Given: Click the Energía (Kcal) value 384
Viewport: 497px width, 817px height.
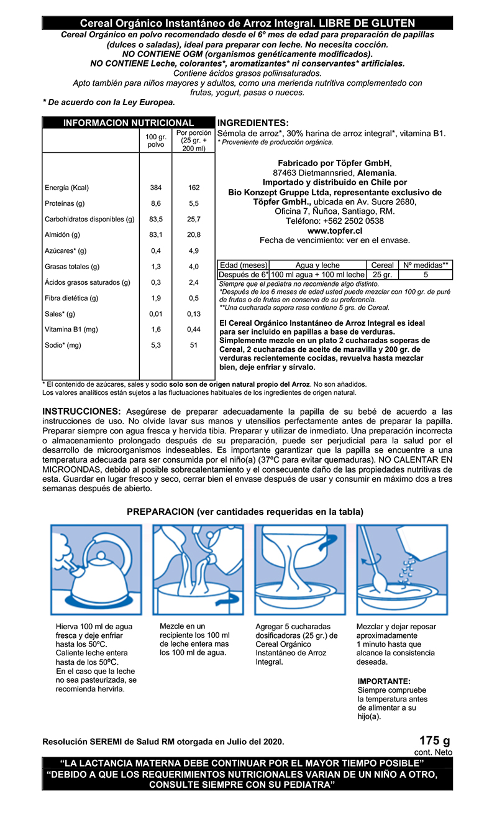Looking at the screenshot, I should click(x=156, y=188).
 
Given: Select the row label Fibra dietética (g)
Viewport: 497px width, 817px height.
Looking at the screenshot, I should click(x=71, y=298).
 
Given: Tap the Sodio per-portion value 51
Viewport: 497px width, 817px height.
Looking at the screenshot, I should click(x=194, y=345).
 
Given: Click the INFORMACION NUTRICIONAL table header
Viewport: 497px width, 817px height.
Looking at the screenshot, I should click(x=129, y=123).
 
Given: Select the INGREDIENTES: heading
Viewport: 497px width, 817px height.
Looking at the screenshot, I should click(x=253, y=123).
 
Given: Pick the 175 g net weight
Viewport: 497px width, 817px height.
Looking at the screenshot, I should click(x=434, y=741).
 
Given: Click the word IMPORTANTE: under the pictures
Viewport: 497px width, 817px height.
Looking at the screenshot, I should click(x=384, y=681).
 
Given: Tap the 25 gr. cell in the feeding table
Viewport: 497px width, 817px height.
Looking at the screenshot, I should click(x=382, y=274).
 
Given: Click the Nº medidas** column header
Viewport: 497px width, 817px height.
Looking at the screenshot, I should click(x=426, y=265).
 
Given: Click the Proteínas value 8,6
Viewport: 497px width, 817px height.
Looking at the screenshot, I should click(x=156, y=203).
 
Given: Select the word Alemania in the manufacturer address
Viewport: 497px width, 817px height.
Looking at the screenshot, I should click(x=375, y=173).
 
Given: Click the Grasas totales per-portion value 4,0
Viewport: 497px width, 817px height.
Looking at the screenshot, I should click(x=194, y=267).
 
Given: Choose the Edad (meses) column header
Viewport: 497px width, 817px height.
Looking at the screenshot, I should click(x=244, y=265).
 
